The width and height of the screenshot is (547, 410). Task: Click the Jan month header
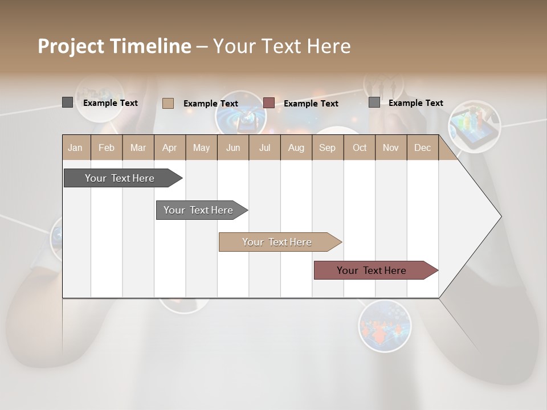point(75,148)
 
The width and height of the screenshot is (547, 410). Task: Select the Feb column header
point(107,148)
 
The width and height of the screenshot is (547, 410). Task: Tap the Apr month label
point(169,148)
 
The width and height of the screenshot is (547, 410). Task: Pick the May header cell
point(201,148)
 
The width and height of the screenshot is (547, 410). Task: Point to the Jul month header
point(264,148)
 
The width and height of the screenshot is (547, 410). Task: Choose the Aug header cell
point(296,148)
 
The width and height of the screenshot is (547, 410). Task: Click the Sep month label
point(327,148)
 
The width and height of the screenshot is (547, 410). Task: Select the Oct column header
point(360,148)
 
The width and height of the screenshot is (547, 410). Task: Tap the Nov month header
point(390,148)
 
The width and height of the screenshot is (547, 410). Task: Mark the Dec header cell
point(422,148)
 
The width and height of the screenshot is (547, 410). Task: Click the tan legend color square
point(168,103)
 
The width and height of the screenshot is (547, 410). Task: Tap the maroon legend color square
point(269,103)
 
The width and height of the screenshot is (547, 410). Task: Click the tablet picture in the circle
point(474,127)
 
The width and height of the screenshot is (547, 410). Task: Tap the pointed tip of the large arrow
point(500,216)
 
